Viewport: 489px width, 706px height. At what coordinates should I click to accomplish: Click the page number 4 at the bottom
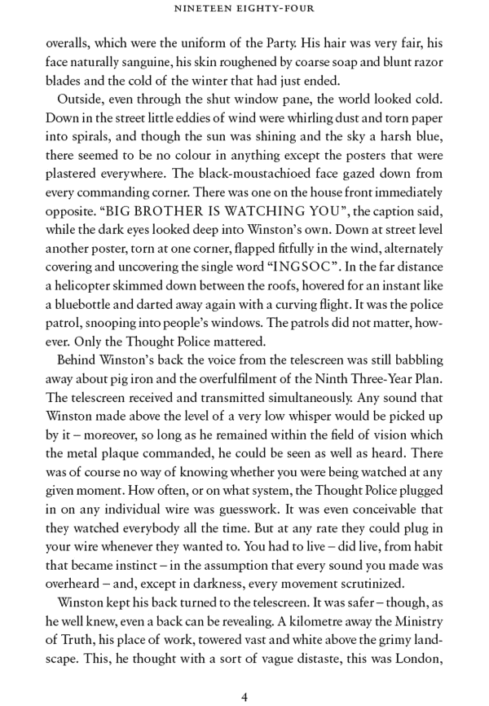click(x=244, y=675)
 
